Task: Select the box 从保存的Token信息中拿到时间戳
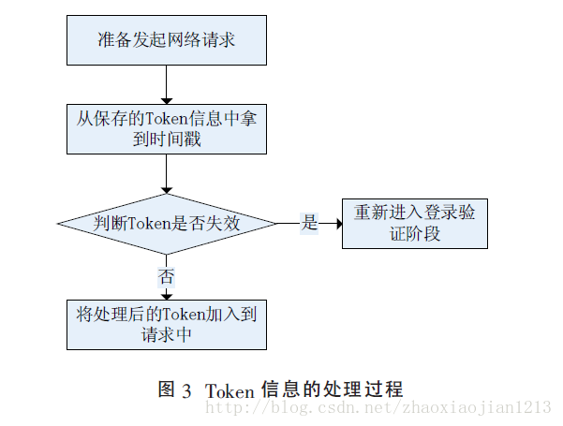(165, 128)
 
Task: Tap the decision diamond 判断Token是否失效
(167, 224)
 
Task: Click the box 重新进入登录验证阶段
(414, 223)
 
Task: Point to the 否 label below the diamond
(166, 276)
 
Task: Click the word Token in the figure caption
(229, 389)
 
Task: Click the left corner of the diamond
(60, 224)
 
